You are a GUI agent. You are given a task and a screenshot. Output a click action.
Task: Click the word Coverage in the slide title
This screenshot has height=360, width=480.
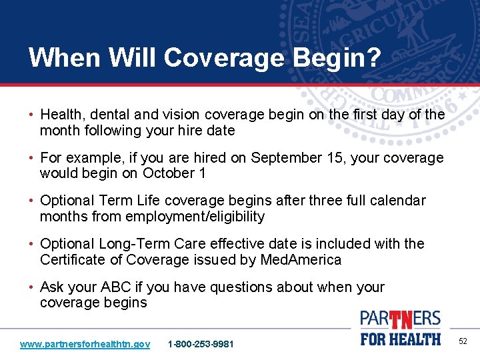click(x=215, y=58)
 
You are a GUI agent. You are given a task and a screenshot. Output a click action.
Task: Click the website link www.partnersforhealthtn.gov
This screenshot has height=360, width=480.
click(x=85, y=344)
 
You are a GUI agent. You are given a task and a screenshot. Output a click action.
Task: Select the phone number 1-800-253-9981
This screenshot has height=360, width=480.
click(x=201, y=344)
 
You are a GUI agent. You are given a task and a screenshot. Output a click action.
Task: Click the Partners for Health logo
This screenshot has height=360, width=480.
click(x=400, y=328)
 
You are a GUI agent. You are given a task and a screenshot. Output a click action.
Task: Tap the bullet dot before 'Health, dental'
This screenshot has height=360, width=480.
click(x=33, y=115)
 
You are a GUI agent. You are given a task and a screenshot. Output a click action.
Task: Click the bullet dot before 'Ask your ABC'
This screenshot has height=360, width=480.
click(x=33, y=287)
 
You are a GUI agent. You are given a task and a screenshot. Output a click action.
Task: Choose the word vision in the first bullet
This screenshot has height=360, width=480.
click(x=177, y=115)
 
